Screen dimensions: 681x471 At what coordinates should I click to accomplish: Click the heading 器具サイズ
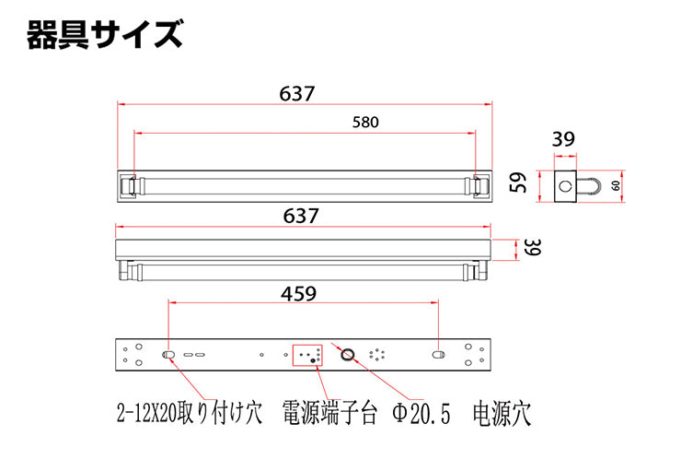[x=105, y=34]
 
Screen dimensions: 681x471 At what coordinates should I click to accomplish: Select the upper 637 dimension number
[x=296, y=93]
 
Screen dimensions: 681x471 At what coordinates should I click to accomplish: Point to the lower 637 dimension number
[x=301, y=216]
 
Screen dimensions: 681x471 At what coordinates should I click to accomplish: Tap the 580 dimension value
[x=365, y=123]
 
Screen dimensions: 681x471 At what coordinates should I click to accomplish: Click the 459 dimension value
[x=299, y=294]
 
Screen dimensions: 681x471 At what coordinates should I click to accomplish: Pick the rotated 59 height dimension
[x=518, y=183]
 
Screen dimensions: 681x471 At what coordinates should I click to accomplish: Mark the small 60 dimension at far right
[x=616, y=185]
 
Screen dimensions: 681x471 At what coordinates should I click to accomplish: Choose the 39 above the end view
[x=563, y=139]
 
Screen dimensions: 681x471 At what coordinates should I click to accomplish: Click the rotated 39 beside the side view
[x=533, y=247]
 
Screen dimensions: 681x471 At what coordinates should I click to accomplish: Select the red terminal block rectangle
[x=307, y=355]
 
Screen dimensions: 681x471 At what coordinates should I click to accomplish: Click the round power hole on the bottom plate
[x=347, y=355]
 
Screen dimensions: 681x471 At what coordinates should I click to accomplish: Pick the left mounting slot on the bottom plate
[x=168, y=355]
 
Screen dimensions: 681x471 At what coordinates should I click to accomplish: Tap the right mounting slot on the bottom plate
[x=438, y=355]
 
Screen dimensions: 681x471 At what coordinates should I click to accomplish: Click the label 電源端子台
[x=329, y=412]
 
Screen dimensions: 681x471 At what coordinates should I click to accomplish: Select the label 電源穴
[x=502, y=413]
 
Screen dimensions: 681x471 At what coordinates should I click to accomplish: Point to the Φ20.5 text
[x=421, y=413]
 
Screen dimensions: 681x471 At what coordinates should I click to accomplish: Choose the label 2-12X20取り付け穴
[x=190, y=413]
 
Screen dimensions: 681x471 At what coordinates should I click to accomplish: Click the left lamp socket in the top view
[x=129, y=186]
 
